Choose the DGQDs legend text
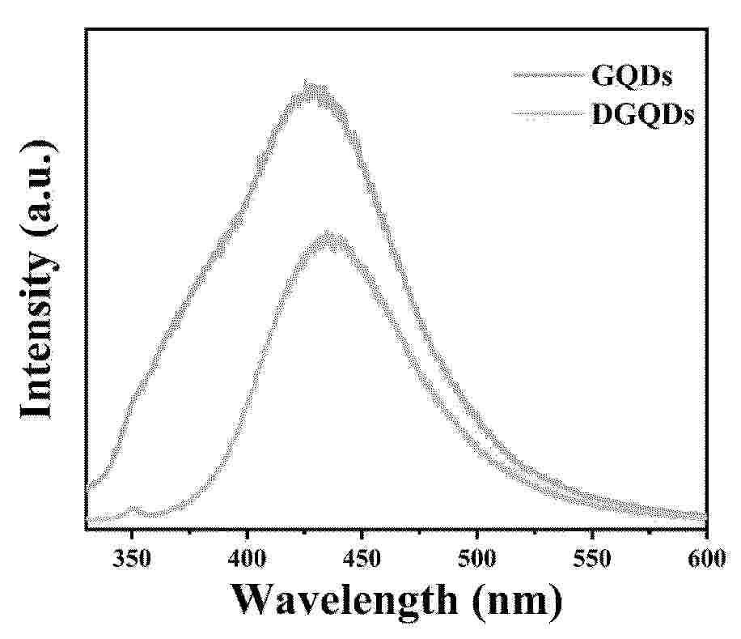[643, 116]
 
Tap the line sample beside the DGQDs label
[548, 115]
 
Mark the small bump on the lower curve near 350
[133, 510]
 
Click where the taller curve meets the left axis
[87, 488]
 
